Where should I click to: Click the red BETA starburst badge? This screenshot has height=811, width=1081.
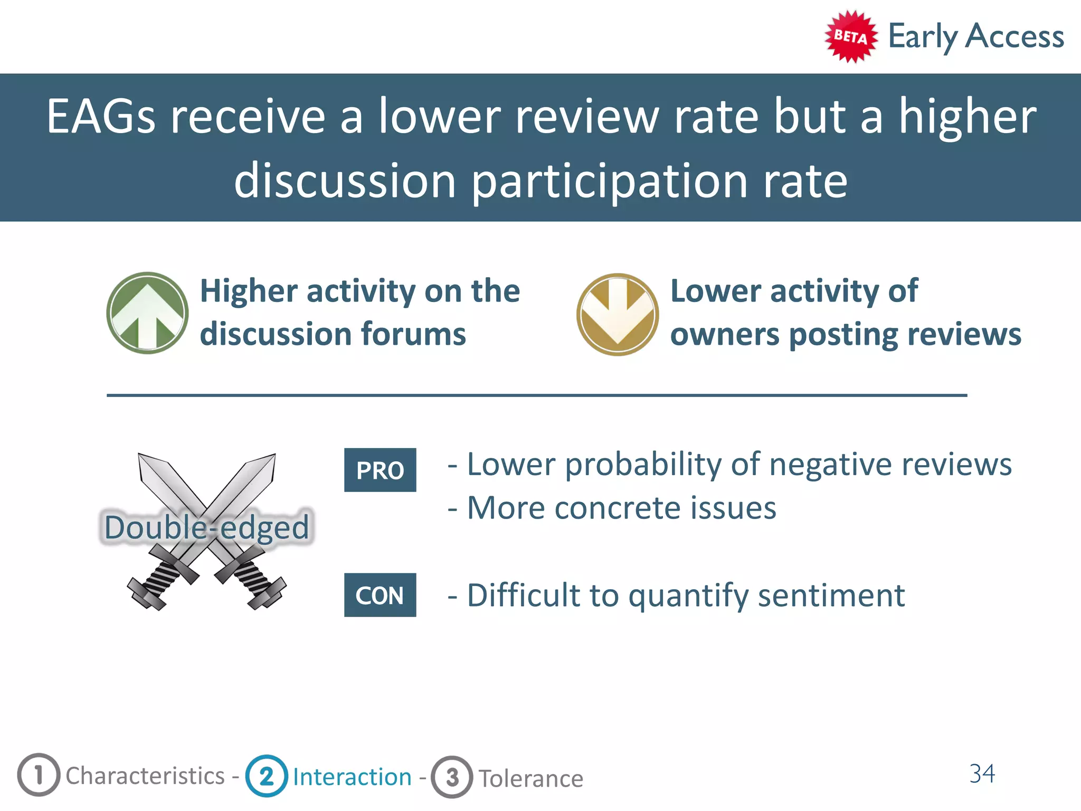[850, 36]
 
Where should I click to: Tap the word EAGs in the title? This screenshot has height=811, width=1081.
[101, 117]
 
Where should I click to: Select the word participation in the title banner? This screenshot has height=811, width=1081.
[610, 181]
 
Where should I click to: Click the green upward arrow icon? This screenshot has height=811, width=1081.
[147, 313]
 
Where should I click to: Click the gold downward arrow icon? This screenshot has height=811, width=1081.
[617, 314]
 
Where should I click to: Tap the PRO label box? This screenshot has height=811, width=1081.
[380, 470]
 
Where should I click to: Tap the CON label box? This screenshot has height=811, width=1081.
[380, 595]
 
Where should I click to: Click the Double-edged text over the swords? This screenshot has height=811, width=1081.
[206, 527]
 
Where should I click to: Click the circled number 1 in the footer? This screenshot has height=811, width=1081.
[39, 775]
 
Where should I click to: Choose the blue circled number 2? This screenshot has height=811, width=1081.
[267, 776]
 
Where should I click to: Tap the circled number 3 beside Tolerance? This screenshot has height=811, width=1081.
[452, 777]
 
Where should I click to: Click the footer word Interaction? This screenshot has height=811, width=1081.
[352, 777]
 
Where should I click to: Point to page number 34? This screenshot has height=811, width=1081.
[982, 774]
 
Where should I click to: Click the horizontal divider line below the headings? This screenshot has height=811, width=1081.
[536, 395]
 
